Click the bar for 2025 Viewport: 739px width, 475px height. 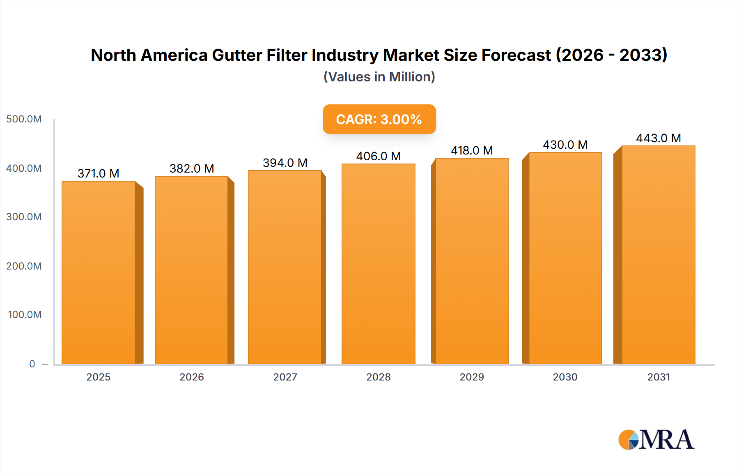[x=99, y=272]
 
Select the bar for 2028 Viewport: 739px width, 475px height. [x=379, y=264]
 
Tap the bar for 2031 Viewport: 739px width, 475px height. [x=659, y=255]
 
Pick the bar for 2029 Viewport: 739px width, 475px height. [x=472, y=261]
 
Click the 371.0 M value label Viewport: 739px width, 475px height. [x=99, y=173]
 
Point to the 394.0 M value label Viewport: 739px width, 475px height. [x=285, y=163]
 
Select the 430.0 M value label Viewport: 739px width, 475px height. [x=565, y=145]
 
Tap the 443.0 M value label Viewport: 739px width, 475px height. [x=659, y=138]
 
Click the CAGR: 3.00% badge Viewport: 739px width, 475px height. [x=379, y=119]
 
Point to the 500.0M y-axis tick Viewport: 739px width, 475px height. [x=24, y=119]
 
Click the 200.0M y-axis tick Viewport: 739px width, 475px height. [x=24, y=266]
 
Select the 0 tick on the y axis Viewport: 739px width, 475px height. [x=32, y=364]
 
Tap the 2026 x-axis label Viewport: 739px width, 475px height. [x=192, y=377]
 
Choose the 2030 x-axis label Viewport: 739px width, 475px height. [x=565, y=377]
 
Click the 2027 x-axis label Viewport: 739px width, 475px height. [x=285, y=377]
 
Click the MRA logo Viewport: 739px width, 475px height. [x=656, y=440]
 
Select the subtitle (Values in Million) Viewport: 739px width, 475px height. [x=379, y=77]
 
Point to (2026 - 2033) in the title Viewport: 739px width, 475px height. [x=611, y=55]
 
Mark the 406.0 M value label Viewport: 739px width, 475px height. [x=379, y=156]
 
